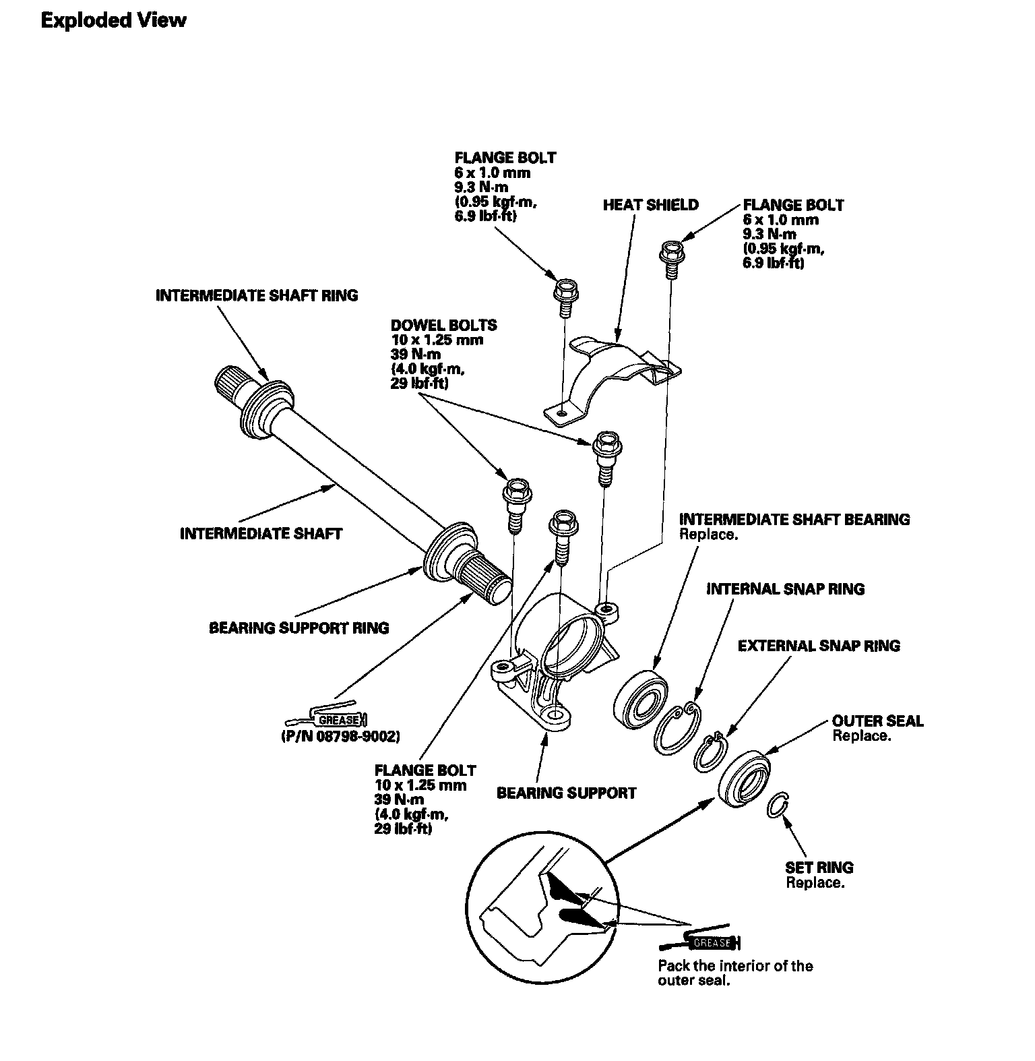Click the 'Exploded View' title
point(113,20)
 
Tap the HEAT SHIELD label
point(651,205)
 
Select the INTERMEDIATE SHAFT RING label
point(257,295)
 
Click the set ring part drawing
point(778,804)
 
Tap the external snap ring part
point(710,750)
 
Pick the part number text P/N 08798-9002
point(340,737)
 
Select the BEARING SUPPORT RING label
point(299,628)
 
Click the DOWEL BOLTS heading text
point(444,325)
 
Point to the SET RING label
point(819,868)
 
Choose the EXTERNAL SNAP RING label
point(819,646)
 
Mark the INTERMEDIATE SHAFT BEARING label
point(794,519)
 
